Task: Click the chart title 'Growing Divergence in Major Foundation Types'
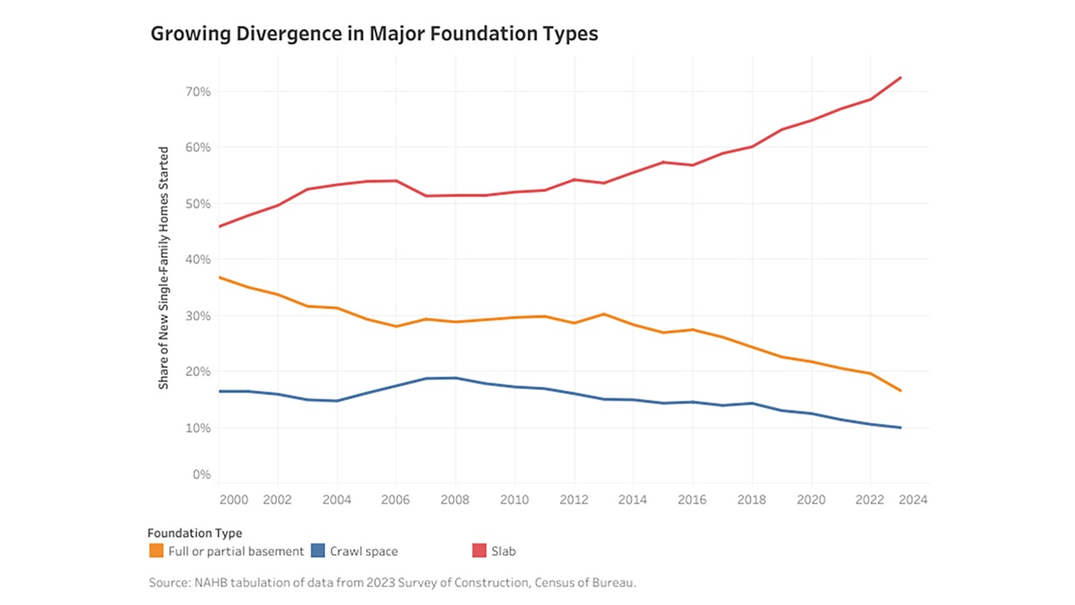pyautogui.click(x=373, y=34)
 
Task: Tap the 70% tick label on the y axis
pyautogui.click(x=197, y=91)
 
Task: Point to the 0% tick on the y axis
pyautogui.click(x=201, y=474)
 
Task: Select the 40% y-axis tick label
pyautogui.click(x=197, y=259)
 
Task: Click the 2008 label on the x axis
pyautogui.click(x=454, y=499)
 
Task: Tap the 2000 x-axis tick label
pyautogui.click(x=235, y=499)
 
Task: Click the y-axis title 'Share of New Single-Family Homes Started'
pyautogui.click(x=164, y=267)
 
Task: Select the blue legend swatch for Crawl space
pyautogui.click(x=317, y=551)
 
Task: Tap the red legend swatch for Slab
pyautogui.click(x=479, y=551)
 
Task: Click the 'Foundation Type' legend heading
pyautogui.click(x=194, y=532)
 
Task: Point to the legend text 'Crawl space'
pyautogui.click(x=363, y=551)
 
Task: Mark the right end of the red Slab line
pyautogui.click(x=901, y=77)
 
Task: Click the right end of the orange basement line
pyautogui.click(x=901, y=391)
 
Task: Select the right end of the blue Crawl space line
pyautogui.click(x=901, y=427)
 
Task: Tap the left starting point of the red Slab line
pyautogui.click(x=217, y=227)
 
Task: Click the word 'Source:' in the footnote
pyautogui.click(x=169, y=582)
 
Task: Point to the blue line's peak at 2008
pyautogui.click(x=454, y=377)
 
